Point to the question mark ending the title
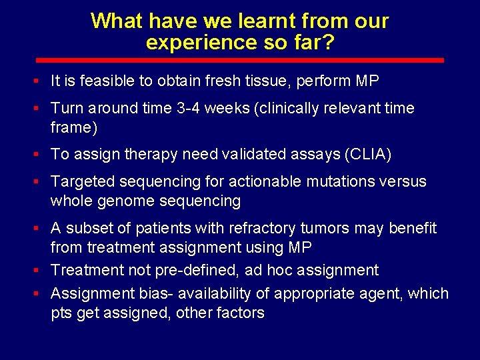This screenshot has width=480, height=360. [329, 43]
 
